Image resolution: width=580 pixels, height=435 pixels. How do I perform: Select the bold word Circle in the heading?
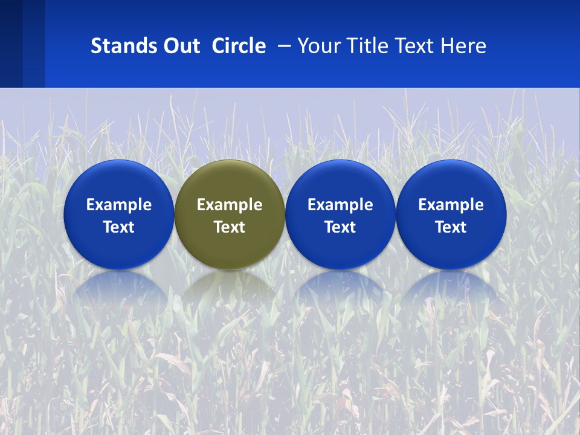pyautogui.click(x=239, y=46)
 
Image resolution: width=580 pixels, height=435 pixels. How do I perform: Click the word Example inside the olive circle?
pyautogui.click(x=230, y=205)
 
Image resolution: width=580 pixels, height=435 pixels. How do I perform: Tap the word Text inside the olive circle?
pyautogui.click(x=230, y=227)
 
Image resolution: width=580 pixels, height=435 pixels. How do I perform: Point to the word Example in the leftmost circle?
pyautogui.click(x=118, y=205)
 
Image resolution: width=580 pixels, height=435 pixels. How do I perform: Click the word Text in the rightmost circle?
pyautogui.click(x=451, y=227)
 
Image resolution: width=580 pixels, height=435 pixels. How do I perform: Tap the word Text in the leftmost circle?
pyautogui.click(x=118, y=227)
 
